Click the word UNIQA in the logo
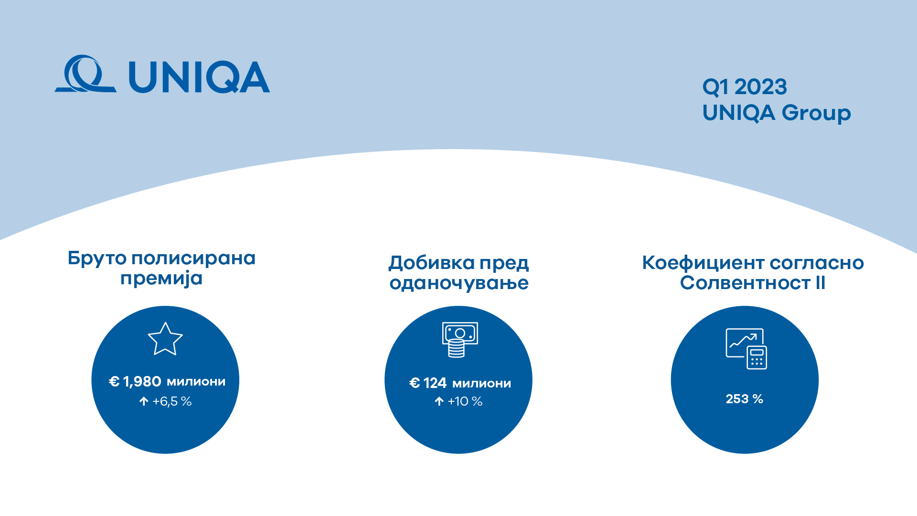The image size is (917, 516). pos(199,77)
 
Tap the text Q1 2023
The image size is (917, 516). pos(745,87)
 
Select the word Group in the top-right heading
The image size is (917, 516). pos(817,114)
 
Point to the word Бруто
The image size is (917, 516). pos(97,258)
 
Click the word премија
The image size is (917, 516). pos(161,279)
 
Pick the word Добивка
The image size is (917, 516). pos(432,263)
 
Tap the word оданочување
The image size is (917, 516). pos(459,283)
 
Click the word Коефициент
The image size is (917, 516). pos(703,263)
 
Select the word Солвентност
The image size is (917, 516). pos(746,283)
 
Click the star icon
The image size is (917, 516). pos(165,339)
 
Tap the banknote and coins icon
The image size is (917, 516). pos(459,340)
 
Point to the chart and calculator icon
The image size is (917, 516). pos(746,349)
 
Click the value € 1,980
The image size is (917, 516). pos(135,382)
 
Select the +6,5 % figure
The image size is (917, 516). pos(172,401)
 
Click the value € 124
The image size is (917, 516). pos(428,383)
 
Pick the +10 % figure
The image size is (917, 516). pos(465,401)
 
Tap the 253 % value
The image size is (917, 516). pos(745,399)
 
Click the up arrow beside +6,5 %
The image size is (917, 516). pos(144,401)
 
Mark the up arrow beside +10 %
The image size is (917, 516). pos(439,401)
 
